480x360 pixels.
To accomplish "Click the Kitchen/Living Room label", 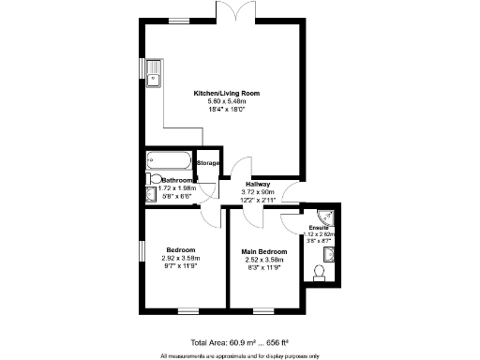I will pos(226,94).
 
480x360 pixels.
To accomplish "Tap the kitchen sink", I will pos(151,68).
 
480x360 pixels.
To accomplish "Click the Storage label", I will pos(208,164).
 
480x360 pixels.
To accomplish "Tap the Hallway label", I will pos(258,184).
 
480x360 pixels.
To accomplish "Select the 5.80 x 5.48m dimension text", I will pos(226,102).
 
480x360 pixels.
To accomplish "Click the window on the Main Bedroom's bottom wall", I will pos(263,310).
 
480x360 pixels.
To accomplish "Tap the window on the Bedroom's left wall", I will pos(142,252).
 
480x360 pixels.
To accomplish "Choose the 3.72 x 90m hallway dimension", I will pos(258,192).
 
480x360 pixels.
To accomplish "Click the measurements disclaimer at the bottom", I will pos(240,355).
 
